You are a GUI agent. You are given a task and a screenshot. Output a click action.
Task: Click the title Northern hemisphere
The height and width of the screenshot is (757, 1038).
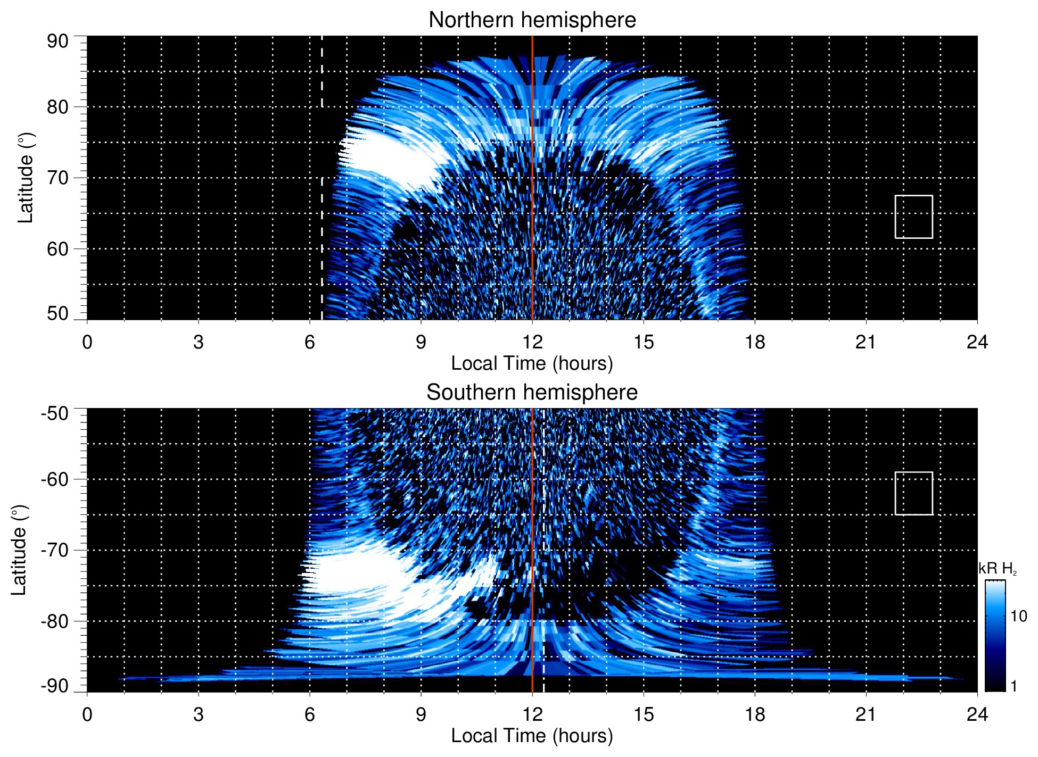(x=532, y=20)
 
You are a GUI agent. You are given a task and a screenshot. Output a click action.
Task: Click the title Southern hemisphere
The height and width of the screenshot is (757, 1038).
(x=532, y=393)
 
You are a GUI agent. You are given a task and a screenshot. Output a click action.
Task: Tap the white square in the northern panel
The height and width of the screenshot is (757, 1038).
(x=913, y=217)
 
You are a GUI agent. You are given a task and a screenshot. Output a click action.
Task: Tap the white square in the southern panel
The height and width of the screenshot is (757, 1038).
(x=913, y=493)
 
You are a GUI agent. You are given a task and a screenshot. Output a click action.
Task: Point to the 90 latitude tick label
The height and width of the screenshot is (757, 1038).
(x=57, y=41)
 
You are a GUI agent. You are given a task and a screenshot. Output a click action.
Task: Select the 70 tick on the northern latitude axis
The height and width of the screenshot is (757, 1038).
(x=57, y=178)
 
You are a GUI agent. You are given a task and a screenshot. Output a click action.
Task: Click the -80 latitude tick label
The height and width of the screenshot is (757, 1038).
(x=55, y=621)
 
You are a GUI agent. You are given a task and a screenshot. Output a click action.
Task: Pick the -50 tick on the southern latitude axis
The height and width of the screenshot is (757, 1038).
(x=55, y=413)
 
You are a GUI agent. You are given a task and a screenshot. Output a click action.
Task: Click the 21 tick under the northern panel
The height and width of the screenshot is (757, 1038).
(x=866, y=342)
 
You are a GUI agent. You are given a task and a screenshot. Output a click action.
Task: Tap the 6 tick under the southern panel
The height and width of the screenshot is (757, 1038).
(x=309, y=714)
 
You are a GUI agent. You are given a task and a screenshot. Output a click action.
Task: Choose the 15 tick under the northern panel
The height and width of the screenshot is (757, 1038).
(x=643, y=342)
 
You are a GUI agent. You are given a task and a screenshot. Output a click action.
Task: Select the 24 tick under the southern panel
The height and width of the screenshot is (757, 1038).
(x=977, y=714)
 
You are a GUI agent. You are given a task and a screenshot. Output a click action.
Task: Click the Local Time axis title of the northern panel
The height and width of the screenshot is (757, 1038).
(x=532, y=364)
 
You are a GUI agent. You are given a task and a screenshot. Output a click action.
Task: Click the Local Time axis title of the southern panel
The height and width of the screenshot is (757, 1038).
(x=532, y=736)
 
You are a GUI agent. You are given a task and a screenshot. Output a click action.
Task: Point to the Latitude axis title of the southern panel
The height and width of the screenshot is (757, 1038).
(x=20, y=550)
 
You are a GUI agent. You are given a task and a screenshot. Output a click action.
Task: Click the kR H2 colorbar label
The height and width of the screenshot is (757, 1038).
(x=997, y=569)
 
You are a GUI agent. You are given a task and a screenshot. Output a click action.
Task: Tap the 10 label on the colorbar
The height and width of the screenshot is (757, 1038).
(x=1018, y=616)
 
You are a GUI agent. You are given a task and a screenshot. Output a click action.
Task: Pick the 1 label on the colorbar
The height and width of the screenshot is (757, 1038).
(x=1014, y=686)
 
